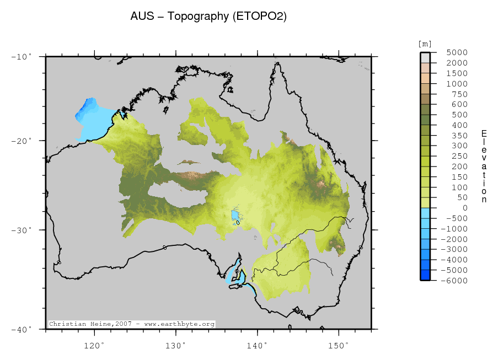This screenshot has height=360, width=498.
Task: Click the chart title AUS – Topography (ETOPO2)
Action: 208,17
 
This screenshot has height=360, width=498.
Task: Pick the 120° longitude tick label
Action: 94,345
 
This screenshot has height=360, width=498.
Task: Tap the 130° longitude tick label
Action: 175,345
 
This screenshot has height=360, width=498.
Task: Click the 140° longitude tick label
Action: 257,345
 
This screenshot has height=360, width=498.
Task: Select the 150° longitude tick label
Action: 339,345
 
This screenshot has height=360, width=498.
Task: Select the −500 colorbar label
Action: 456,218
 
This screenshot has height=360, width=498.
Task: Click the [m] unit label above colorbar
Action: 425,44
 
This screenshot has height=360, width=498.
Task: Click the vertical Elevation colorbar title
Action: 484,166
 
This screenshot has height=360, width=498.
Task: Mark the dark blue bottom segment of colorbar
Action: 425,275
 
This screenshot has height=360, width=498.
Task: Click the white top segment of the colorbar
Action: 425,56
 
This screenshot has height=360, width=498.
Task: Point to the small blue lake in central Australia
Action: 234,214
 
